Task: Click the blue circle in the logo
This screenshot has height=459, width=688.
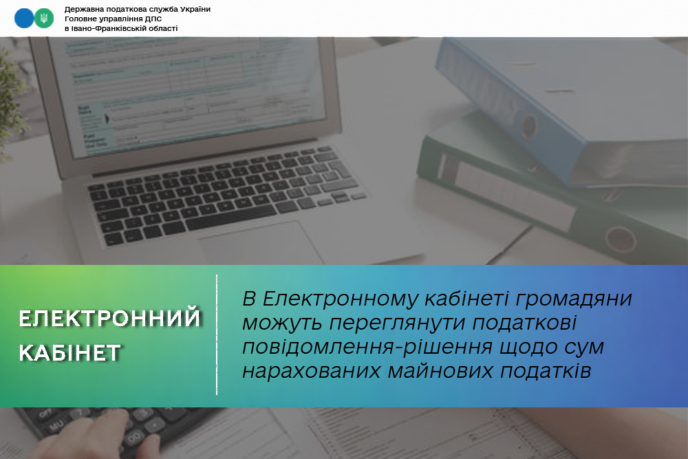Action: click(23, 19)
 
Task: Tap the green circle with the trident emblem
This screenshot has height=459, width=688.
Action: click(44, 19)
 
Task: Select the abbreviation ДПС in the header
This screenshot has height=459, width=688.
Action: click(153, 19)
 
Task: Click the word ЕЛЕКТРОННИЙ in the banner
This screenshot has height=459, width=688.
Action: click(109, 319)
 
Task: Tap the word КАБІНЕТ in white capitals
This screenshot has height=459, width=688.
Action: click(69, 353)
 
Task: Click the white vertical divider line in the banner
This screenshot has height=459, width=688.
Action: click(217, 335)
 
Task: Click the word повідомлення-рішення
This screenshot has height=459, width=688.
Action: click(367, 348)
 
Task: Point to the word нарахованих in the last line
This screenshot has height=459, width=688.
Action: click(311, 371)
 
